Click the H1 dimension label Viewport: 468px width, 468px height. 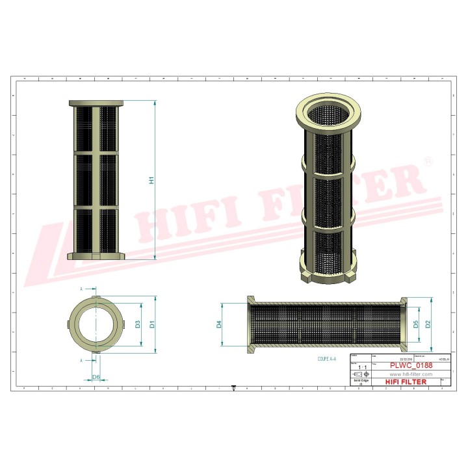point(151,180)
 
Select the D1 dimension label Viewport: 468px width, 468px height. point(151,323)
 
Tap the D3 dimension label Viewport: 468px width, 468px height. point(137,323)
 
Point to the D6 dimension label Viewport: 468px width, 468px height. point(96,377)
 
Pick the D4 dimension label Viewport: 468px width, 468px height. point(219,323)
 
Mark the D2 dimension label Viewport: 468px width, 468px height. point(428,323)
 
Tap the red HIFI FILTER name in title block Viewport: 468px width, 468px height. point(407,382)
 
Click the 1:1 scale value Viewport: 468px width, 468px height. point(360,367)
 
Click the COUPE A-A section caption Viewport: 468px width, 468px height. point(326,358)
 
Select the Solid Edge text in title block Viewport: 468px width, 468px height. point(360,382)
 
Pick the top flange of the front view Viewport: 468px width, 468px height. point(96,103)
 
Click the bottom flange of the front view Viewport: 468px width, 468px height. point(96,256)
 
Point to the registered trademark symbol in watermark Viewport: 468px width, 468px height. point(427,160)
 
